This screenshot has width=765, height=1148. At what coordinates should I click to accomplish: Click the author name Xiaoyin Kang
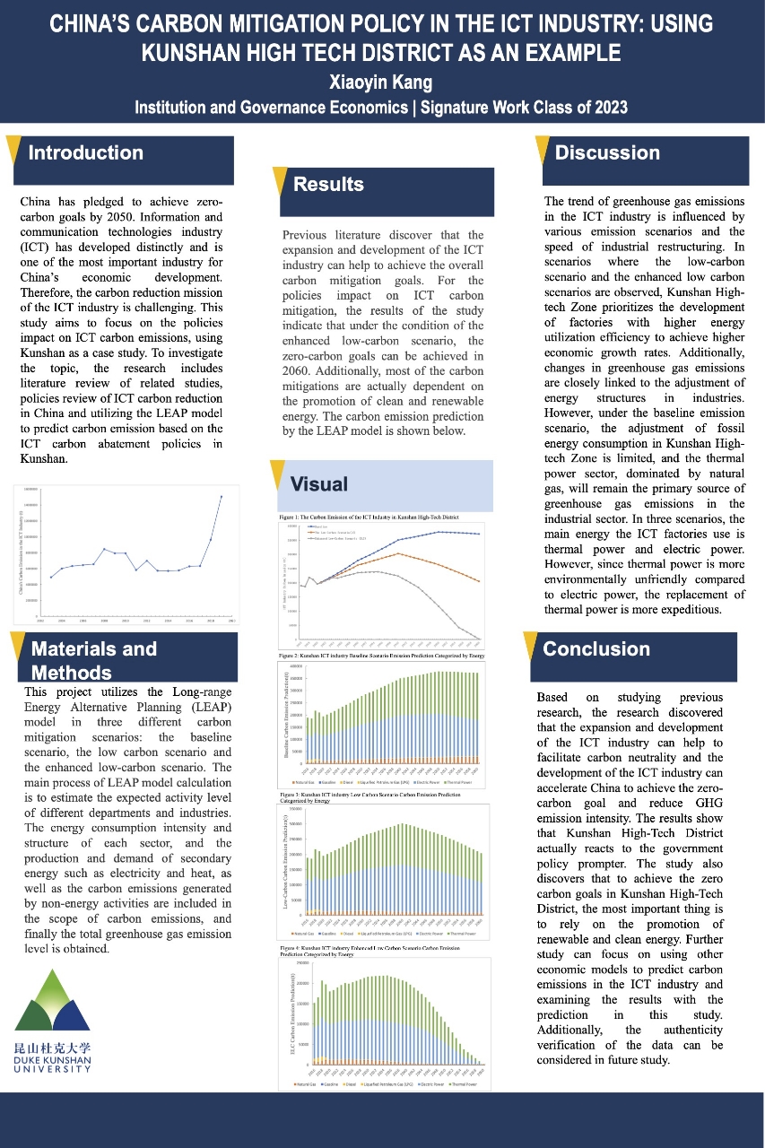pyautogui.click(x=382, y=83)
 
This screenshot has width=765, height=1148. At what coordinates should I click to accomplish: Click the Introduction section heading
pyautogui.click(x=86, y=152)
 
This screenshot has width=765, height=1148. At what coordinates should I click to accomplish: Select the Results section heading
pyautogui.click(x=328, y=185)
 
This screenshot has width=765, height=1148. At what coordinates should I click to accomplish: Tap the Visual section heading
pyautogui.click(x=318, y=484)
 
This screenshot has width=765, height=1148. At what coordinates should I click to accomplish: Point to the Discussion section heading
pyautogui.click(x=607, y=152)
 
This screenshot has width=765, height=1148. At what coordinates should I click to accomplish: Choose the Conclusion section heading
pyautogui.click(x=596, y=648)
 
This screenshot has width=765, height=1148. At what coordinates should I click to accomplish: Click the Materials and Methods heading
pyautogui.click(x=94, y=660)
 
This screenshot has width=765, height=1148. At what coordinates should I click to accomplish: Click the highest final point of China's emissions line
pyautogui.click(x=222, y=496)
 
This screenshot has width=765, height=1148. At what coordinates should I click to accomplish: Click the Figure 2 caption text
pyautogui.click(x=381, y=656)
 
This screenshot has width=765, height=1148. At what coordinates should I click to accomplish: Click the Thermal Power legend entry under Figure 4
pyautogui.click(x=461, y=1084)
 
